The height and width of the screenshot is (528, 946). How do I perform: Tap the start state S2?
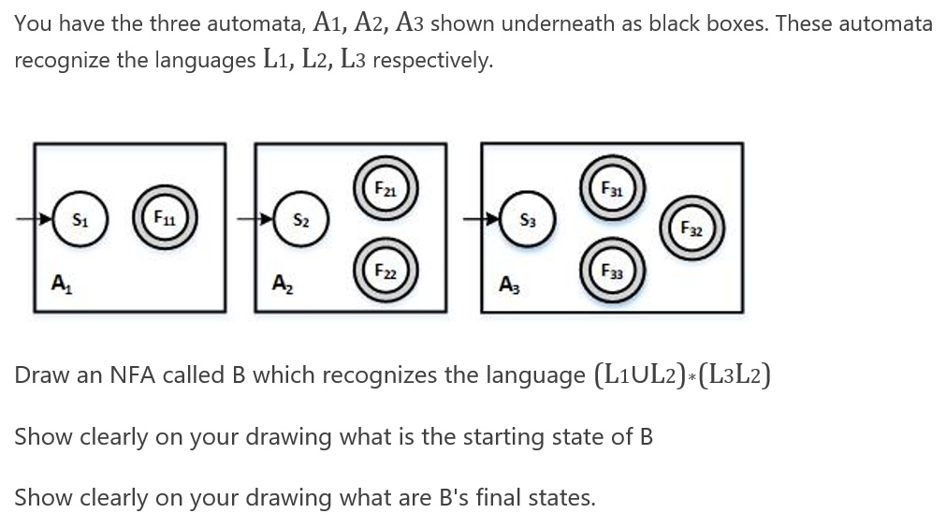(300, 222)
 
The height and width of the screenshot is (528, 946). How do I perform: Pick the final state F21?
(381, 185)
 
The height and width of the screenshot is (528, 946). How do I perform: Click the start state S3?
(527, 221)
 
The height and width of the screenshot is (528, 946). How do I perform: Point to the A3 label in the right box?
(508, 284)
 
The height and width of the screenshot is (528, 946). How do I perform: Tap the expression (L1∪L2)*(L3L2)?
(682, 375)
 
